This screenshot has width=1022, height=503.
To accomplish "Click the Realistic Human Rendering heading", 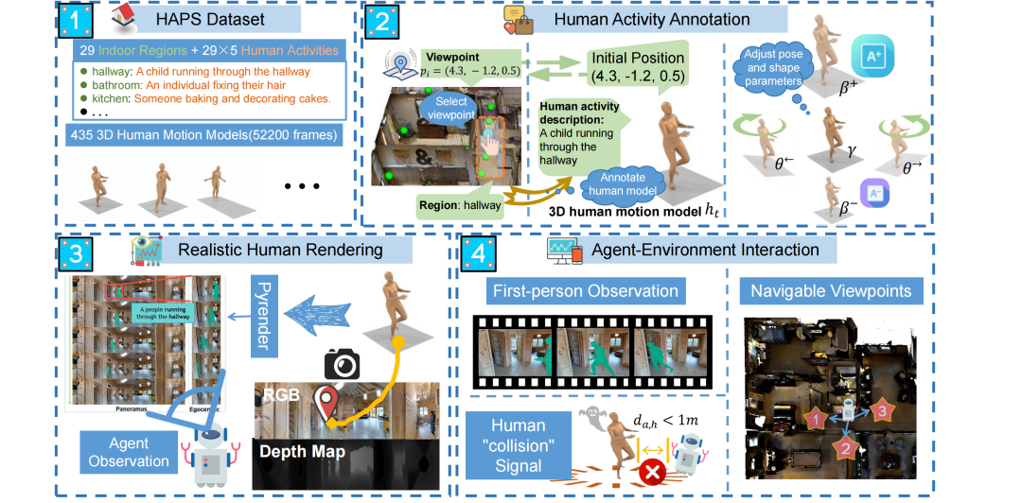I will [x=283, y=250].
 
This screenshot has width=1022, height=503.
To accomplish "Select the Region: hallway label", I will [x=461, y=203].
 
